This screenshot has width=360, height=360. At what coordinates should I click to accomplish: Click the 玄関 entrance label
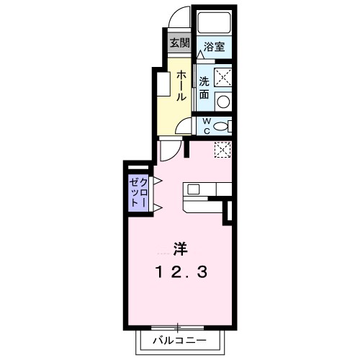coord(179,42)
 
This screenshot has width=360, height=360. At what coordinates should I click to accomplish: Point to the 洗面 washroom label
coord(204,87)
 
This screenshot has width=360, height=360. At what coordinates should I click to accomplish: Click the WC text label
coord(205,126)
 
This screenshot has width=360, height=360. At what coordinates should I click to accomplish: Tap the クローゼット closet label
coord(138,192)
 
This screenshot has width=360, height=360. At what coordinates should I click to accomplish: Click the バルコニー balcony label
coord(179,341)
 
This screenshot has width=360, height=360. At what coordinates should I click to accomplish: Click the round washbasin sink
coord(223,100)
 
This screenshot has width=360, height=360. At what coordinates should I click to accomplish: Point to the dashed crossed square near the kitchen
coord(222,149)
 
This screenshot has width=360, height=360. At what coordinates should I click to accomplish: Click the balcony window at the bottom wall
coord(179,326)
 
